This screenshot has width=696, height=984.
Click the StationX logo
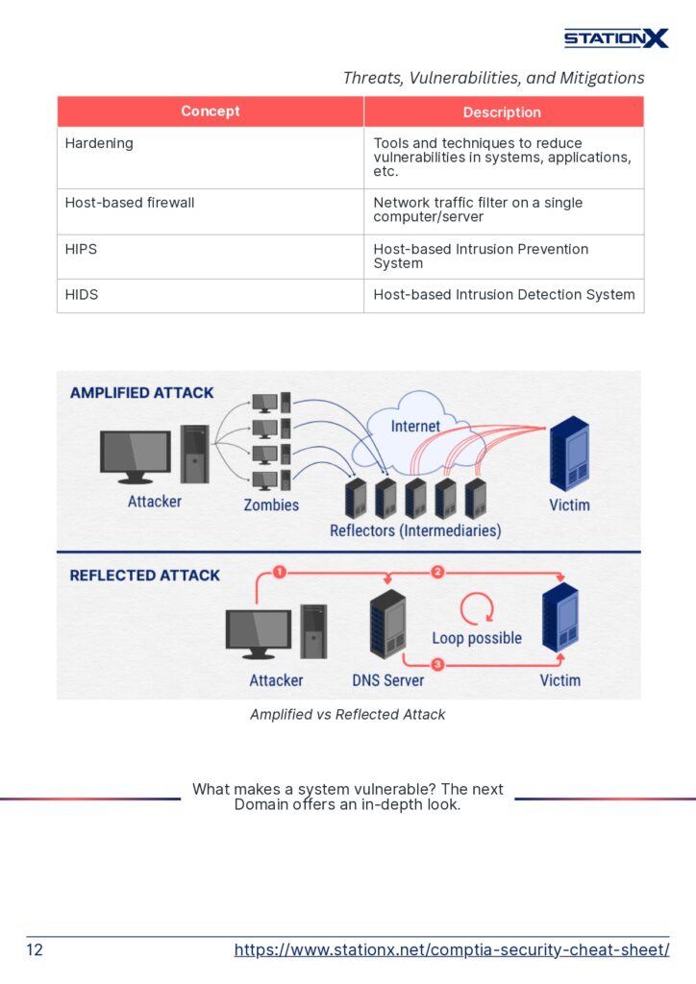pos(615,38)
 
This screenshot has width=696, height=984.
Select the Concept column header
pos(210,111)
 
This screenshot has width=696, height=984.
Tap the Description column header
pos(502,112)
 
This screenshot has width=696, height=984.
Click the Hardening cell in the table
pos(99,143)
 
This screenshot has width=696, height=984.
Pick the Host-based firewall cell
pos(130,203)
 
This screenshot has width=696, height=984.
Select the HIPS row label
pos(81,249)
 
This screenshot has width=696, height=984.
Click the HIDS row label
pos(82,295)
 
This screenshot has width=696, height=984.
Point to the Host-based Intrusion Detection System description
pos(504,295)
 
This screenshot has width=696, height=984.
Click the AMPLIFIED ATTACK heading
pos(141,393)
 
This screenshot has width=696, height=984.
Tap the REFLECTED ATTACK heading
pos(144,576)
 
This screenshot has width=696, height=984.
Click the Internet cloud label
pos(415,426)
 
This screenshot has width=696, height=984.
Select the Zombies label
pos(271,504)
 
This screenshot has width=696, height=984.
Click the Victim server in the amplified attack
pos(569,455)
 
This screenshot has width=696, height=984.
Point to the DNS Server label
pos(387,680)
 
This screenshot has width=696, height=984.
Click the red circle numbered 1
pos(280,572)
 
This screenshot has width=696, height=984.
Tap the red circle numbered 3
pos(437,664)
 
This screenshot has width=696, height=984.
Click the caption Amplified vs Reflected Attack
pos(348,715)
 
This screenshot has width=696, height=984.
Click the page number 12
pos(35,950)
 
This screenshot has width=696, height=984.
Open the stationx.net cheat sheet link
pos(452,950)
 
